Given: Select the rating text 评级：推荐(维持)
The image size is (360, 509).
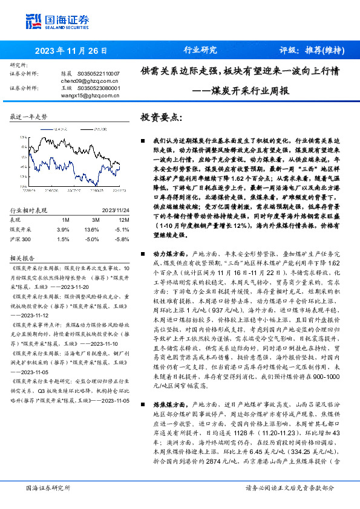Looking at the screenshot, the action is [x=309, y=51].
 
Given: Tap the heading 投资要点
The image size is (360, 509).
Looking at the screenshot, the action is [x=160, y=117].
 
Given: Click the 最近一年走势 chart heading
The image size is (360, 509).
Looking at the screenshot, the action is [x=28, y=115].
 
